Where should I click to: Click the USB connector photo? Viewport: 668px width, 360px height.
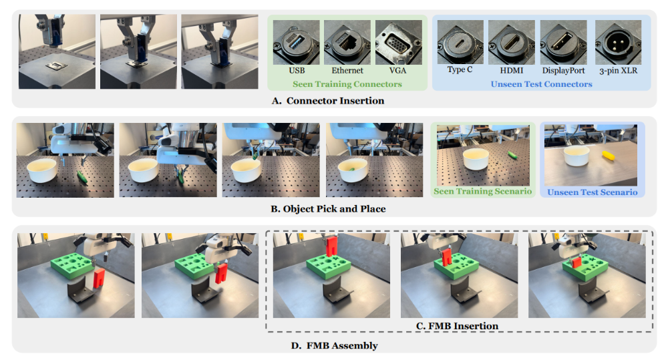(x=296, y=42)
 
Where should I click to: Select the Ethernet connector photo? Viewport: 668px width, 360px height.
(x=347, y=42)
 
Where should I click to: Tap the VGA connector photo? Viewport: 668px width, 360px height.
(x=399, y=42)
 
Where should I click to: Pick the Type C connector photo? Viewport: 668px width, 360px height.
(x=460, y=42)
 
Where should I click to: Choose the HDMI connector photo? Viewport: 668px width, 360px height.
(x=512, y=42)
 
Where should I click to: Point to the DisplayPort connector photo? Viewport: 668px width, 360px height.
(x=563, y=42)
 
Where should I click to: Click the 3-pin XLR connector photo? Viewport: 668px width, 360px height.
(x=618, y=42)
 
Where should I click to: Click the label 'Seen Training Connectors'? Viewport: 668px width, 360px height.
(x=347, y=84)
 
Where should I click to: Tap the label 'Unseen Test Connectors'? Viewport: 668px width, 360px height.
(x=542, y=84)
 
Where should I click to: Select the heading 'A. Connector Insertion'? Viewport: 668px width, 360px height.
(x=328, y=101)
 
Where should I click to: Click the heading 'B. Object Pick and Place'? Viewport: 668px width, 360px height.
(x=328, y=209)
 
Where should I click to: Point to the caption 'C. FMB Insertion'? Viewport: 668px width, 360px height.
(x=457, y=326)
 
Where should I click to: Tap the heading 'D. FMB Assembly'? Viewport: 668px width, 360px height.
(x=335, y=345)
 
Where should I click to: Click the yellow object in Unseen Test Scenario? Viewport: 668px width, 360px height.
(x=609, y=156)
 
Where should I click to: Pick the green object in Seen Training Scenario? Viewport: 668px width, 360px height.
(x=512, y=155)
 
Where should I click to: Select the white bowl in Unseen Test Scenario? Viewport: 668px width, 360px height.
(x=576, y=155)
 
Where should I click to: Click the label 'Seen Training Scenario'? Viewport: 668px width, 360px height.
(x=483, y=191)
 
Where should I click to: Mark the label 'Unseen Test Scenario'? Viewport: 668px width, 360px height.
(x=593, y=192)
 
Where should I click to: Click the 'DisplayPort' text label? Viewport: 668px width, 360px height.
(x=563, y=71)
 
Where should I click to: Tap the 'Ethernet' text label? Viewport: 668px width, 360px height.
(x=347, y=70)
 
